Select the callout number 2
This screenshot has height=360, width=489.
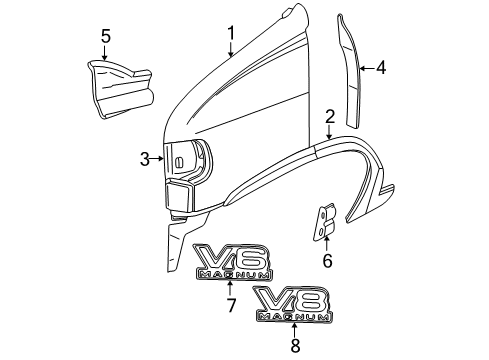pyautogui.click(x=329, y=119)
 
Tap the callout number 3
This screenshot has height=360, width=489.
pyautogui.click(x=146, y=158)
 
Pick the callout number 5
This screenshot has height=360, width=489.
pyautogui.click(x=105, y=39)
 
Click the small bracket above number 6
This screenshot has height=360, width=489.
pyautogui.click(x=323, y=221)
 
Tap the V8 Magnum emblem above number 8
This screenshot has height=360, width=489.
pyautogui.click(x=292, y=303)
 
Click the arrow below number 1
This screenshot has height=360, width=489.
pyautogui.click(x=231, y=52)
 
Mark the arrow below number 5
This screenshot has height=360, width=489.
pyautogui.click(x=105, y=56)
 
